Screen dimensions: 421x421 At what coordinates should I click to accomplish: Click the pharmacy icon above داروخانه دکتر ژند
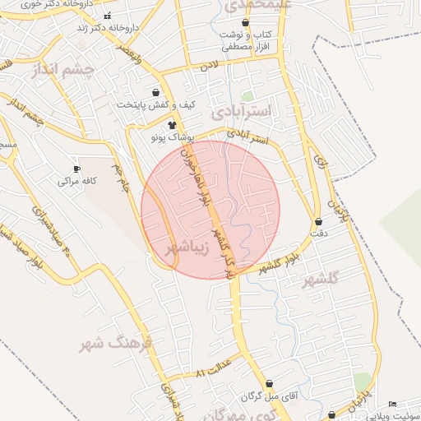107,16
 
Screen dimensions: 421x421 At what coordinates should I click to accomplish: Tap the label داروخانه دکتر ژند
107,27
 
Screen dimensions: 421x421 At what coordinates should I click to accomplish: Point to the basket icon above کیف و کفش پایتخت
156,93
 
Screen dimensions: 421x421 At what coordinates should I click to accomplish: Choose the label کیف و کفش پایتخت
157,104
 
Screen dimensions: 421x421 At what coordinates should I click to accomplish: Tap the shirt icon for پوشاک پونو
172,126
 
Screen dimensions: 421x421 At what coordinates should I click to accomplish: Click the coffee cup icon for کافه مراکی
77,168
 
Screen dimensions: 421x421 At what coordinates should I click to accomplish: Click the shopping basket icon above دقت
318,222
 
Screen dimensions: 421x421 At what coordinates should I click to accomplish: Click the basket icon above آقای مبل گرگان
269,384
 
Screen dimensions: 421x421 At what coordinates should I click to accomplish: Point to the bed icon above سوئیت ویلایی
392,405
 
